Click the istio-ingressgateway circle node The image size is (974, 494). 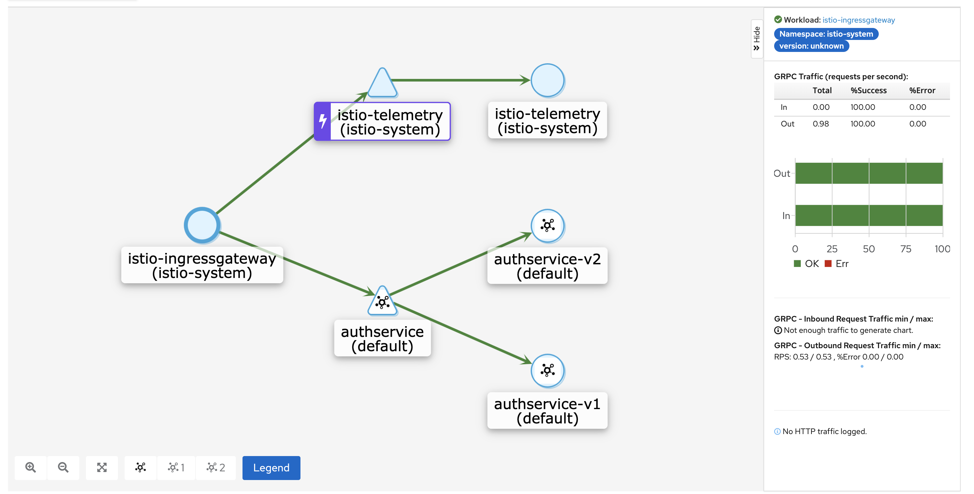pos(202,225)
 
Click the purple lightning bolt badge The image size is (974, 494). pos(322,121)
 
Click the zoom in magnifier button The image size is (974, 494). pos(31,468)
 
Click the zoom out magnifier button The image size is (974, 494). pos(63,468)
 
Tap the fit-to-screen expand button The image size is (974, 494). pos(102,468)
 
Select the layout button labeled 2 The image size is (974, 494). pos(216,468)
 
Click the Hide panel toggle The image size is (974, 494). pos(756,39)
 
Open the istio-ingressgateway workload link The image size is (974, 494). pos(858,20)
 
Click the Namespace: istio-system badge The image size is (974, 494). pos(826,34)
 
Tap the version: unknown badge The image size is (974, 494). pos(811,46)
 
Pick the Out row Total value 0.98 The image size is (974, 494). pos(820,124)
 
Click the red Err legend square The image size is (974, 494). pos(828,263)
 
